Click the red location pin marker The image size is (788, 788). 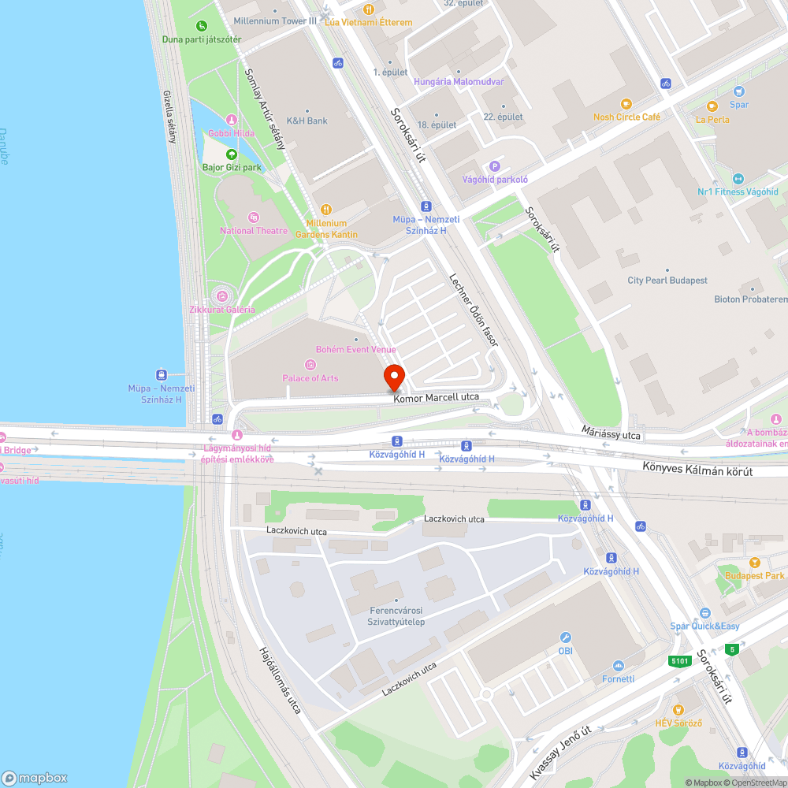click(x=394, y=377)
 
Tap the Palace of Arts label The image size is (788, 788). click(x=310, y=378)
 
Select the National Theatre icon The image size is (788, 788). click(x=253, y=217)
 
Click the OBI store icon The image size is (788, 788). click(x=565, y=637)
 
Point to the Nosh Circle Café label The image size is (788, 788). click(x=626, y=117)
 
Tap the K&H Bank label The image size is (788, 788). click(x=307, y=121)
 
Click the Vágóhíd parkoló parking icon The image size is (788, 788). click(x=495, y=165)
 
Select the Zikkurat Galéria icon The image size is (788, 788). click(x=222, y=296)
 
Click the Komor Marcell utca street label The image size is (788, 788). click(x=437, y=397)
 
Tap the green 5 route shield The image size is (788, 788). click(x=733, y=649)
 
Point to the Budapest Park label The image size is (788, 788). click(x=755, y=576)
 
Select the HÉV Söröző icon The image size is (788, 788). click(x=678, y=709)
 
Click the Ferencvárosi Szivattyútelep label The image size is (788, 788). click(x=397, y=616)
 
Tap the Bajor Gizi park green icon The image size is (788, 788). click(x=232, y=154)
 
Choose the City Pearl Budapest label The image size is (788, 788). click(x=667, y=281)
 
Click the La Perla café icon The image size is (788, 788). click(x=712, y=106)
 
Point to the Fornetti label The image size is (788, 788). click(x=618, y=678)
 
